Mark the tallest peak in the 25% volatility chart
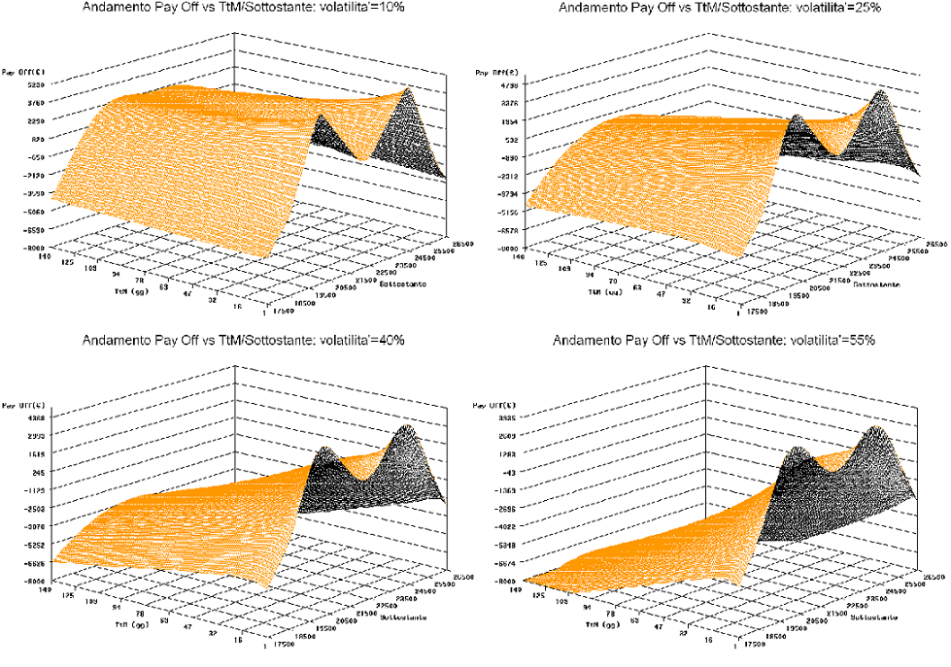(x=881, y=92)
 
